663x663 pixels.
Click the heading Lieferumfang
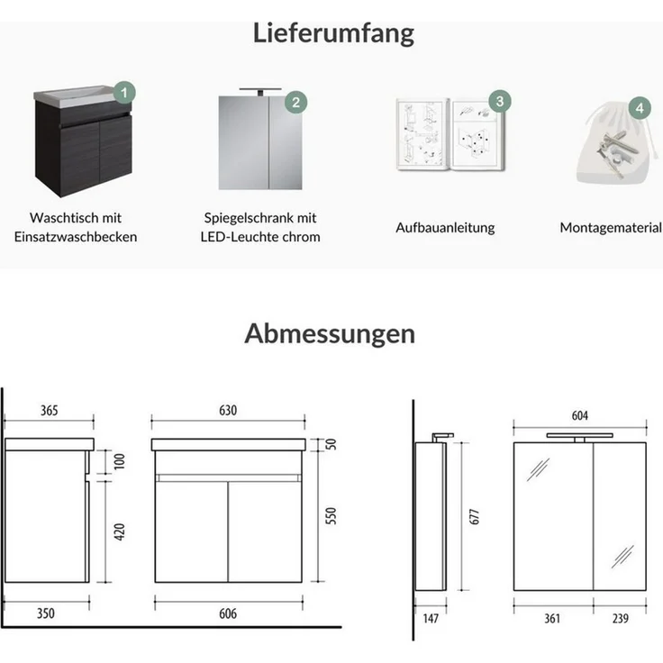click(333, 33)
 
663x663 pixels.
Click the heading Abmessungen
click(330, 333)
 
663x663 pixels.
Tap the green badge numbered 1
click(125, 92)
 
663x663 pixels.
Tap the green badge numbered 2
click(295, 102)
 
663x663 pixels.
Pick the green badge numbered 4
click(639, 108)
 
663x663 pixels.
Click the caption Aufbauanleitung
click(445, 228)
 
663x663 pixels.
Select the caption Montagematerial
click(610, 228)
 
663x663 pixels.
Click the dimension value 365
click(49, 410)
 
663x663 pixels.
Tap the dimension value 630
click(228, 410)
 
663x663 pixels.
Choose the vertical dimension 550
click(331, 515)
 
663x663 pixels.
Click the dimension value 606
click(228, 613)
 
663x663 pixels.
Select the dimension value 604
click(579, 415)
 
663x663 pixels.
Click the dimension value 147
click(433, 618)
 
